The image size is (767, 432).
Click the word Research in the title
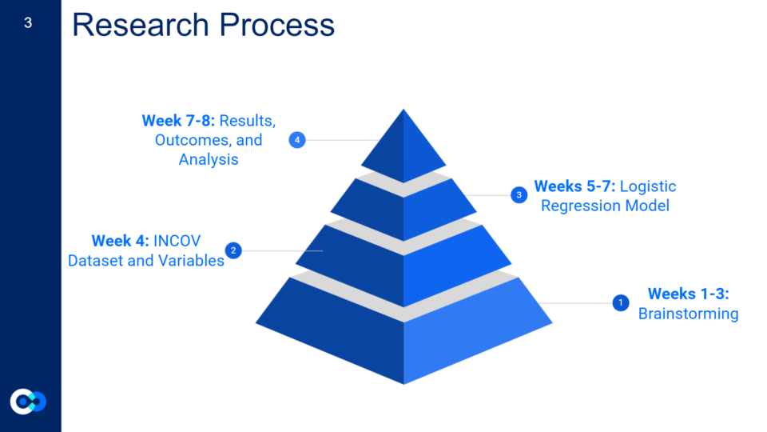(x=141, y=25)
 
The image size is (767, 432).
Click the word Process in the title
(x=277, y=25)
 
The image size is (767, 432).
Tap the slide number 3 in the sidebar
(x=28, y=22)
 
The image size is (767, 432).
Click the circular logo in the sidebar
(x=29, y=402)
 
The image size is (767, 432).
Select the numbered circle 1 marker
(x=621, y=302)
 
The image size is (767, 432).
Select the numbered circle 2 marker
(x=233, y=250)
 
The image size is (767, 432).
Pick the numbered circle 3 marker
(x=519, y=195)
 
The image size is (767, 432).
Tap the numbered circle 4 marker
(x=297, y=140)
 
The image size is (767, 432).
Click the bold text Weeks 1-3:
(x=688, y=294)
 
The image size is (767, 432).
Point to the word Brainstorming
(x=688, y=314)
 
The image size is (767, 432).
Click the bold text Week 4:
(x=121, y=241)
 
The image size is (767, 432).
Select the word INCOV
(x=177, y=241)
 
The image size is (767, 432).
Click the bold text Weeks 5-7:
(x=574, y=186)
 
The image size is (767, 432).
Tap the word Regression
(x=572, y=206)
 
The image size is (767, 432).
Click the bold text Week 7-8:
(x=178, y=121)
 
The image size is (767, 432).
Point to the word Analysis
(x=209, y=160)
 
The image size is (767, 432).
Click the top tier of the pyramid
(x=403, y=150)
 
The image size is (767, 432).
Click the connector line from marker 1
(x=576, y=302)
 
